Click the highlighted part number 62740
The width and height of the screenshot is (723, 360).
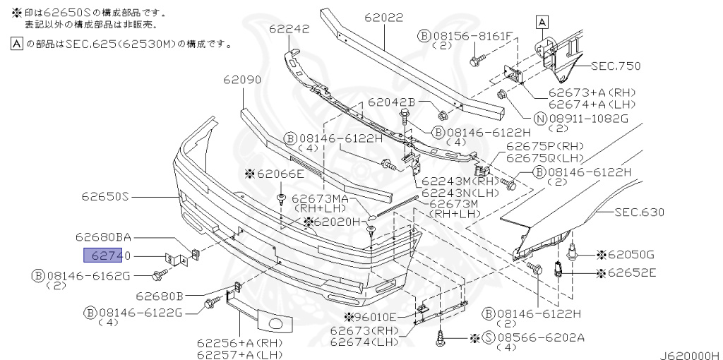coord(107,256)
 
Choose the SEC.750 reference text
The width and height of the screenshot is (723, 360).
coord(616,66)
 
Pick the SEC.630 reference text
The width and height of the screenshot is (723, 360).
coord(639,212)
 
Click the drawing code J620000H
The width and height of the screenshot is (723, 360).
coord(689,354)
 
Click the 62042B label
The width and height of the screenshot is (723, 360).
coord(392,103)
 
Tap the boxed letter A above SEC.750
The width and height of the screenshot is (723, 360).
coord(542,23)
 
